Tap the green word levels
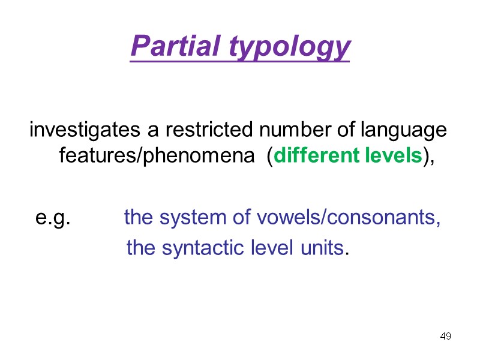[x=392, y=156]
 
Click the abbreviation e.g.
[x=53, y=218]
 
